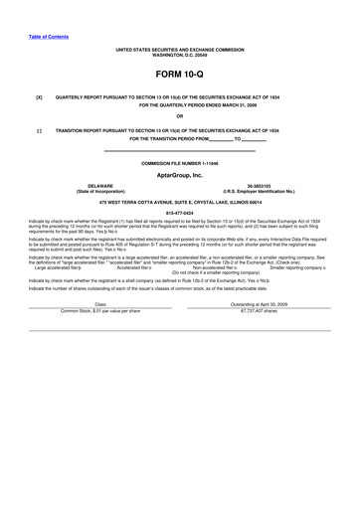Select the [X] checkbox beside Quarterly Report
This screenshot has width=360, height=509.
click(x=39, y=97)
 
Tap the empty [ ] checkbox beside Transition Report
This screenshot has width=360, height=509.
click(x=39, y=130)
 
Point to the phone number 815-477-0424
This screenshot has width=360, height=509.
click(x=179, y=212)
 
